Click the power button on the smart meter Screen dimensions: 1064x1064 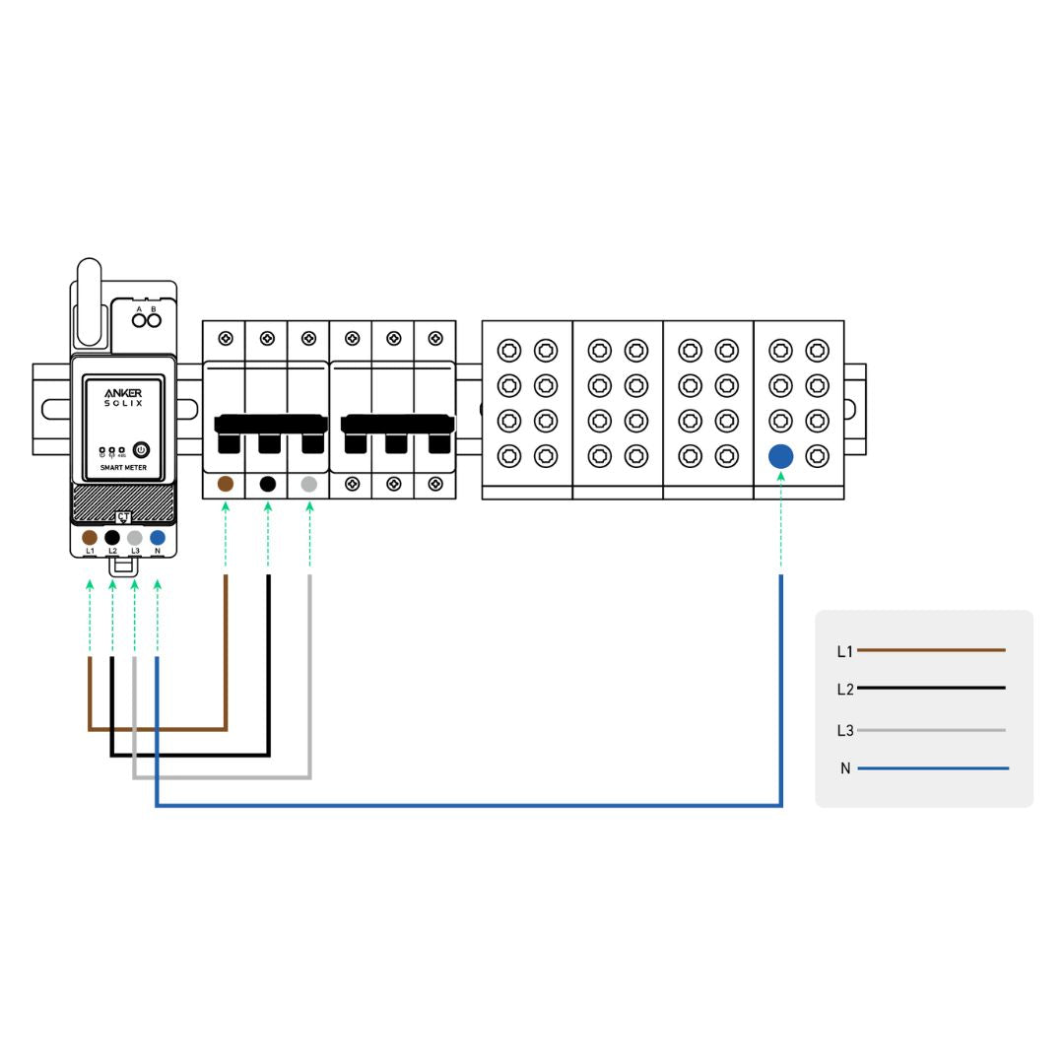pyautogui.click(x=140, y=450)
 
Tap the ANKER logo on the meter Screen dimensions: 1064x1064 pyautogui.click(x=123, y=392)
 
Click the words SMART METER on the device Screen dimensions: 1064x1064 pyautogui.click(x=123, y=467)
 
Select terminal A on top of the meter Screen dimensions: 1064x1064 pyautogui.click(x=139, y=319)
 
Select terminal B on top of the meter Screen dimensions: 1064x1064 pyautogui.click(x=154, y=319)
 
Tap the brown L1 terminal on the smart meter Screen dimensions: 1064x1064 pyautogui.click(x=90, y=537)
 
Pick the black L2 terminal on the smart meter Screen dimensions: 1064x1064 pyautogui.click(x=112, y=537)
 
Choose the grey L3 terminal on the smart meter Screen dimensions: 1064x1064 pyautogui.click(x=135, y=537)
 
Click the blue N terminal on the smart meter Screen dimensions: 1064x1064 pyautogui.click(x=158, y=537)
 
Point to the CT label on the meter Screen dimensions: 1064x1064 pyautogui.click(x=123, y=516)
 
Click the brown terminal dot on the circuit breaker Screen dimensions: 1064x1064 pyautogui.click(x=226, y=484)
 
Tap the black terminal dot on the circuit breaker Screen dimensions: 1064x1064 pyautogui.click(x=268, y=484)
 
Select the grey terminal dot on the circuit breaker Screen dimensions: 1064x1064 pyautogui.click(x=309, y=484)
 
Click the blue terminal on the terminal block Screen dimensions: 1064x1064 pyautogui.click(x=780, y=456)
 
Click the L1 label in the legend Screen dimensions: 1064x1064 pyautogui.click(x=844, y=651)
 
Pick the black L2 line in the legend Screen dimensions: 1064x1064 pyautogui.click(x=931, y=688)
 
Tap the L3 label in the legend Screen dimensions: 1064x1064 pyautogui.click(x=844, y=730)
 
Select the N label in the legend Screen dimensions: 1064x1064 pyautogui.click(x=845, y=768)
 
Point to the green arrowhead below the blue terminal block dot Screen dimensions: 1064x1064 pyautogui.click(x=780, y=477)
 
